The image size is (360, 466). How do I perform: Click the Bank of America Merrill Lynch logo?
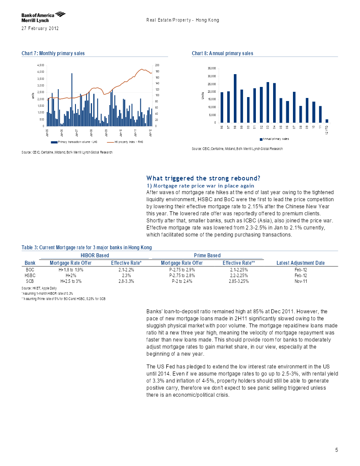[x=43, y=17]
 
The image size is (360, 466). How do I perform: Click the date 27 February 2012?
[x=40, y=29]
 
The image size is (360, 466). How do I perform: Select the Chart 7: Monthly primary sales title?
[x=53, y=53]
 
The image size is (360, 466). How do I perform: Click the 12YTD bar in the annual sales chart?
[x=327, y=121]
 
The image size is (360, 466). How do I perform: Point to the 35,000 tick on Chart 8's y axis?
[x=212, y=68]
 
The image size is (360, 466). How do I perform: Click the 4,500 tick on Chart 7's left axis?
[x=41, y=65]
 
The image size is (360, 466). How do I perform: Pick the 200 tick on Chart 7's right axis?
[x=157, y=65]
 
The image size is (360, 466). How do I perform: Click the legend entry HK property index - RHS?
[x=125, y=142]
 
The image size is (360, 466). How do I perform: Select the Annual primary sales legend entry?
[x=274, y=139]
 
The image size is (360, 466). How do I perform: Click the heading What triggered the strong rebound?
[x=203, y=178]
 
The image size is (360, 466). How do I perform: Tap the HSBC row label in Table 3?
[x=30, y=275]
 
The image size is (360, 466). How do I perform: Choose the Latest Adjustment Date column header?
[x=300, y=263]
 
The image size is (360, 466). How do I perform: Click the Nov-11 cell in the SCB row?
[x=300, y=281]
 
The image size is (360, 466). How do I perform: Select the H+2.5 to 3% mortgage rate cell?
[x=71, y=281]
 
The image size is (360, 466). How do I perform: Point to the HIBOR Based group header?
[x=95, y=256]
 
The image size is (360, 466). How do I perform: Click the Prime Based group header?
[x=207, y=256]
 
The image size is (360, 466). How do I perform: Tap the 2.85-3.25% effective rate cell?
[x=239, y=281]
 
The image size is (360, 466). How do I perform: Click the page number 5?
[x=337, y=450]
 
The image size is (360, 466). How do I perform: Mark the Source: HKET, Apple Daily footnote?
[x=39, y=288]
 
